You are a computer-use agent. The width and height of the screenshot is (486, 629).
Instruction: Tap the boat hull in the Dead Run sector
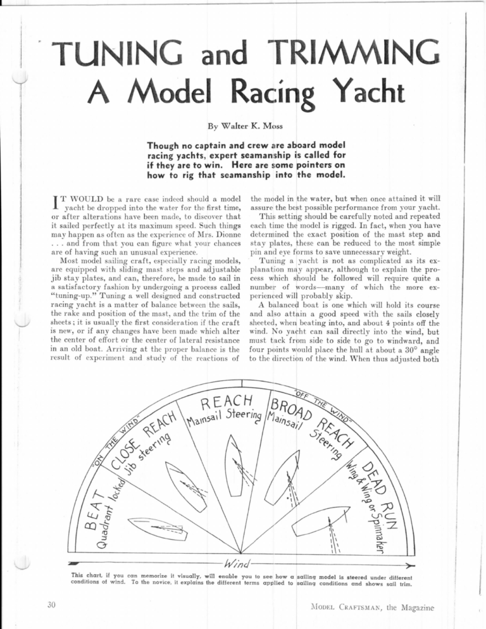coord(330,521)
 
